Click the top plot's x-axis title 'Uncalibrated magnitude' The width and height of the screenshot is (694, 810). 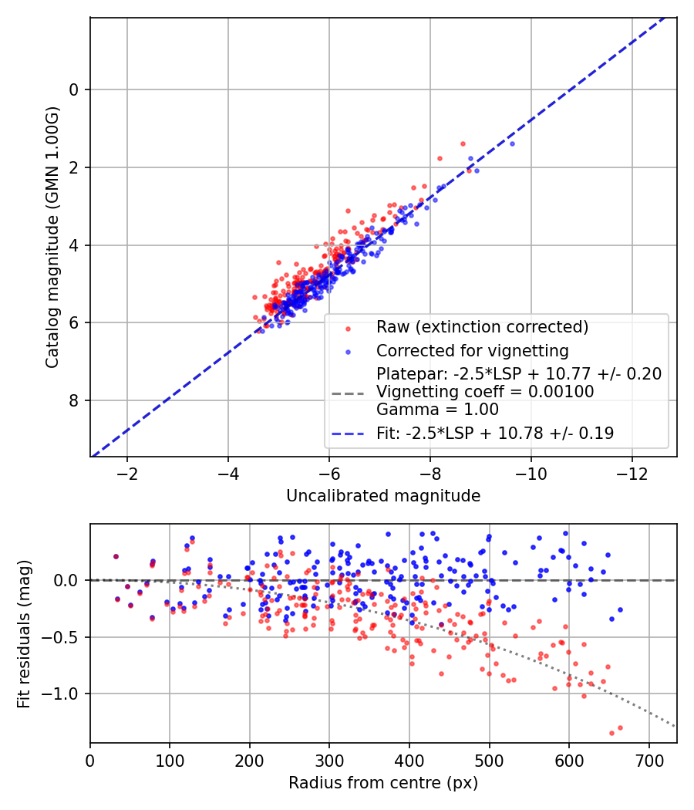pos(383,496)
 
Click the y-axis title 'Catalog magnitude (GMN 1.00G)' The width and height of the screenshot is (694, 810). pos(52,236)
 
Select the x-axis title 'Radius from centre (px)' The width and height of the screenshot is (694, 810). pos(383,783)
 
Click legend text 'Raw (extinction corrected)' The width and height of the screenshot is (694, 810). pos(482,327)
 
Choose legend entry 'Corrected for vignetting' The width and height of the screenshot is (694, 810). pos(472,351)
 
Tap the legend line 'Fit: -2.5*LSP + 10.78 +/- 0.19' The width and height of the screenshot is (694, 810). pos(495,434)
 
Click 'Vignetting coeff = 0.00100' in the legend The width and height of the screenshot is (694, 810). pos(485,392)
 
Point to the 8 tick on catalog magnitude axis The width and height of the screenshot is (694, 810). pos(75,400)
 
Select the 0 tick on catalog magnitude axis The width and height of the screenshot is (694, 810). pos(75,90)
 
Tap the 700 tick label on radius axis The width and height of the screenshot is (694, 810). pos(649,761)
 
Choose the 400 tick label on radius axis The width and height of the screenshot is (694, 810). pos(409,761)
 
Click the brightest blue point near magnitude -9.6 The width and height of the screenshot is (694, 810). pos(511,143)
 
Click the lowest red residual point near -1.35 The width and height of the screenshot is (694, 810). pos(611,733)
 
